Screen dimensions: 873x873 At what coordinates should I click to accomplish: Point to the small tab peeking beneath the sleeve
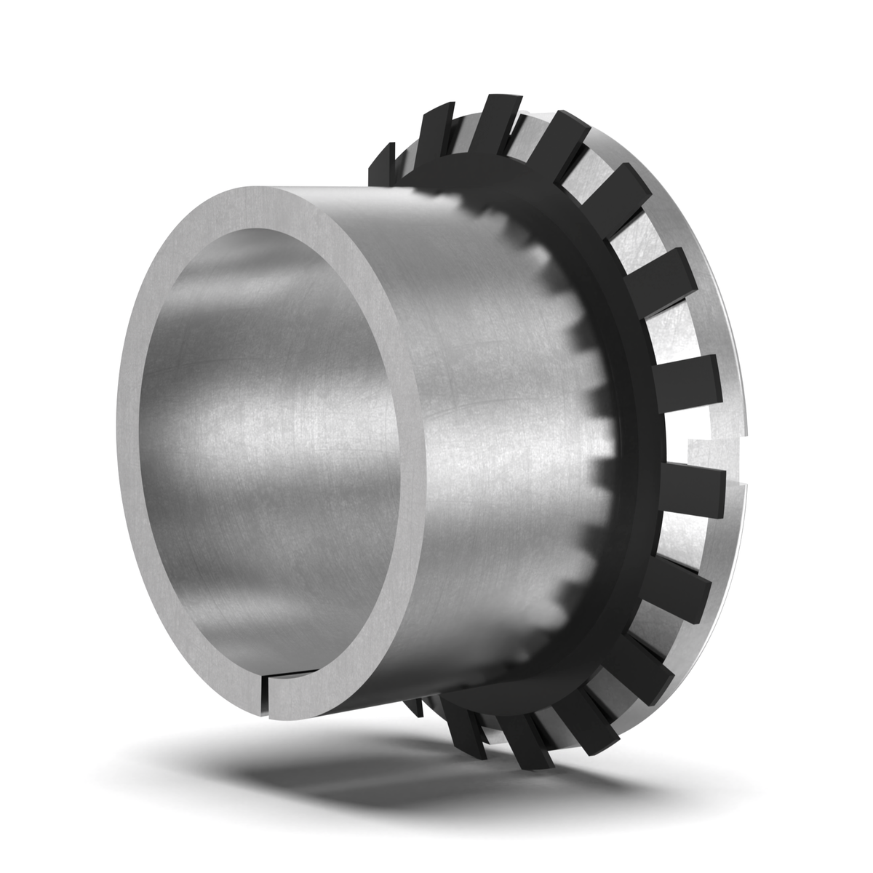414,709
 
